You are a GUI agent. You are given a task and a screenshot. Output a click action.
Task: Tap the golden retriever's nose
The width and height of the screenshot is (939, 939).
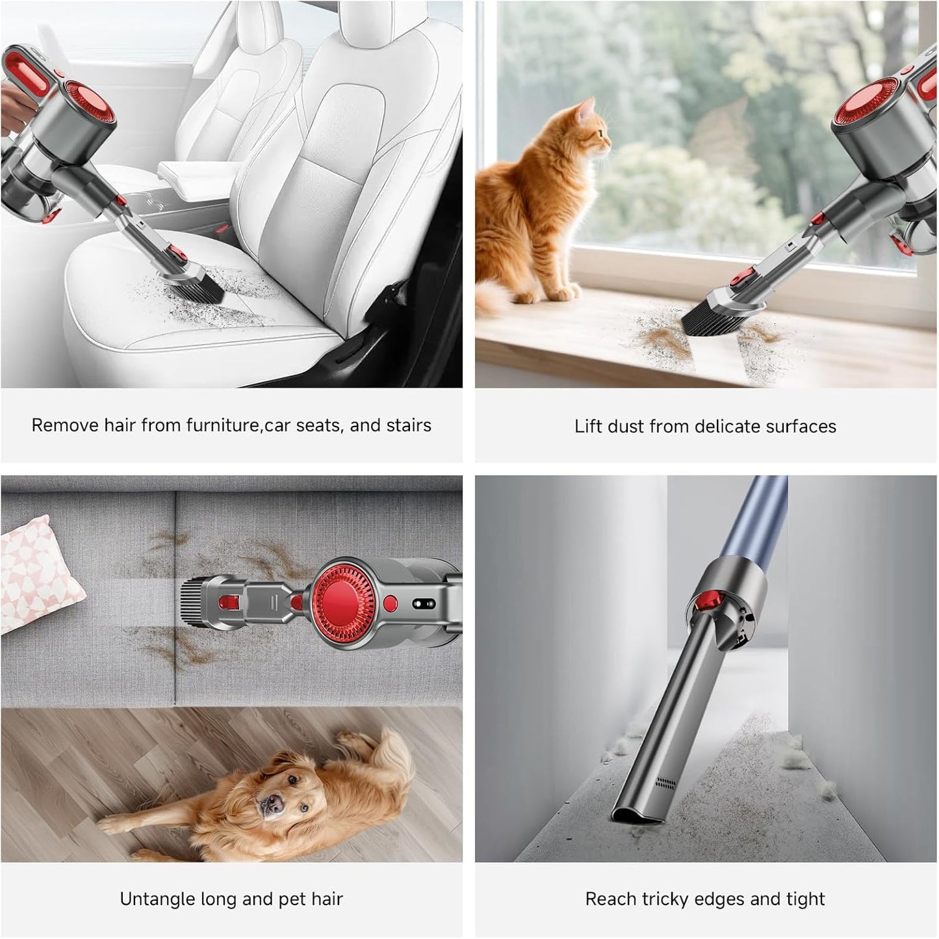coord(266,804)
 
